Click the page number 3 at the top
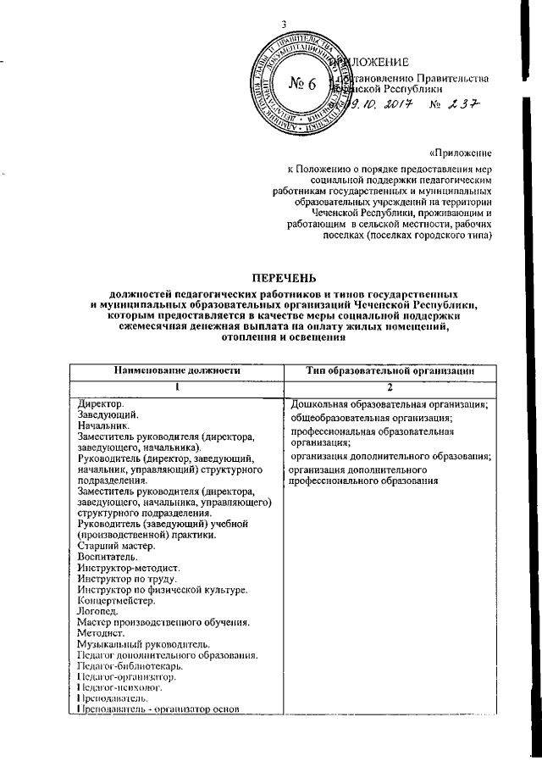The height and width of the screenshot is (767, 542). click(x=285, y=23)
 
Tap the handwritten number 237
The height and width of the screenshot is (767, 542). click(x=462, y=106)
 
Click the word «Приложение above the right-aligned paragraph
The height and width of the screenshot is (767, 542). click(x=461, y=153)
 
